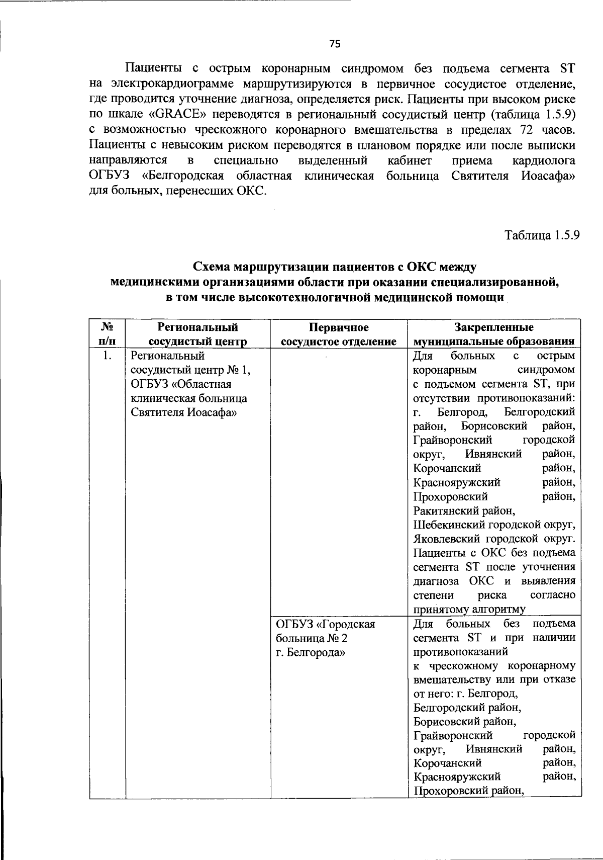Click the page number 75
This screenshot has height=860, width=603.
click(335, 44)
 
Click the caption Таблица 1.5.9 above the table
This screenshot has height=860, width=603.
click(543, 235)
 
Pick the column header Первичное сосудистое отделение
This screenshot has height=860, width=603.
click(339, 334)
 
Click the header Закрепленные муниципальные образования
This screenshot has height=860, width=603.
click(493, 334)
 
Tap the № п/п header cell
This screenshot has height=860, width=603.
click(107, 334)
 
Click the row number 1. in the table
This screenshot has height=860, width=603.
click(106, 356)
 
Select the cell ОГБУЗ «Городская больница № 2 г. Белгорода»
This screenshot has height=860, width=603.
click(326, 638)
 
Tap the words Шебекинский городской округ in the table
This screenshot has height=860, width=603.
click(493, 525)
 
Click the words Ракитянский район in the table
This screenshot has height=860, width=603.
click(463, 511)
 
